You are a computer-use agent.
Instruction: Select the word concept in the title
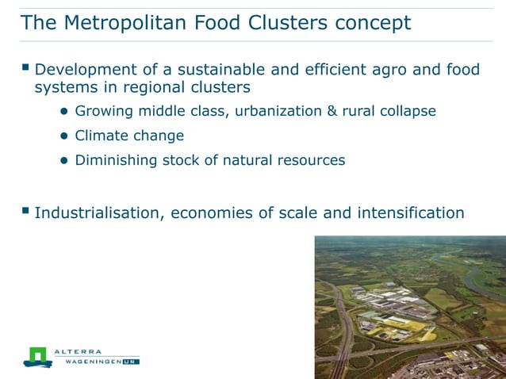(372, 23)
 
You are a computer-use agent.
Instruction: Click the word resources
(311, 160)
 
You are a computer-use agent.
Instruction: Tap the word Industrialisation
(97, 212)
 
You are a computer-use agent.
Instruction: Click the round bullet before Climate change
(65, 136)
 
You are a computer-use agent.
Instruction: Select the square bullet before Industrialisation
(25, 211)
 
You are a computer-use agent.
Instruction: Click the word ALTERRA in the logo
(79, 351)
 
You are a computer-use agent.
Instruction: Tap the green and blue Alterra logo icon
(36, 356)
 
